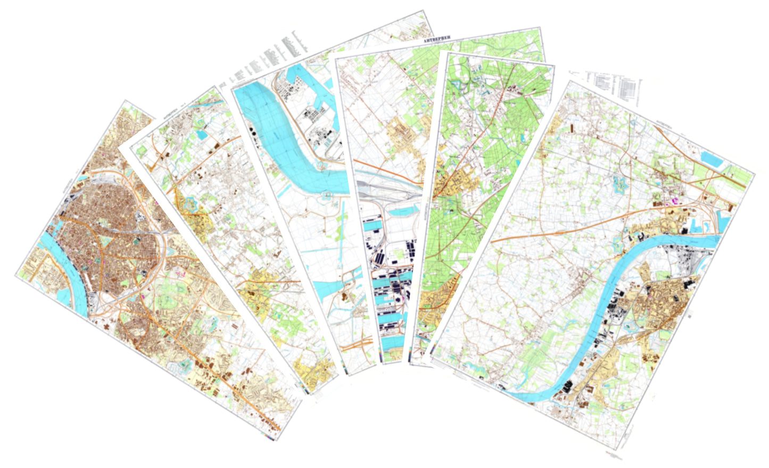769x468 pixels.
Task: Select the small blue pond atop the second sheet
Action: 203,135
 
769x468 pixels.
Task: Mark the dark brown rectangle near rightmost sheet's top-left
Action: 571,128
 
